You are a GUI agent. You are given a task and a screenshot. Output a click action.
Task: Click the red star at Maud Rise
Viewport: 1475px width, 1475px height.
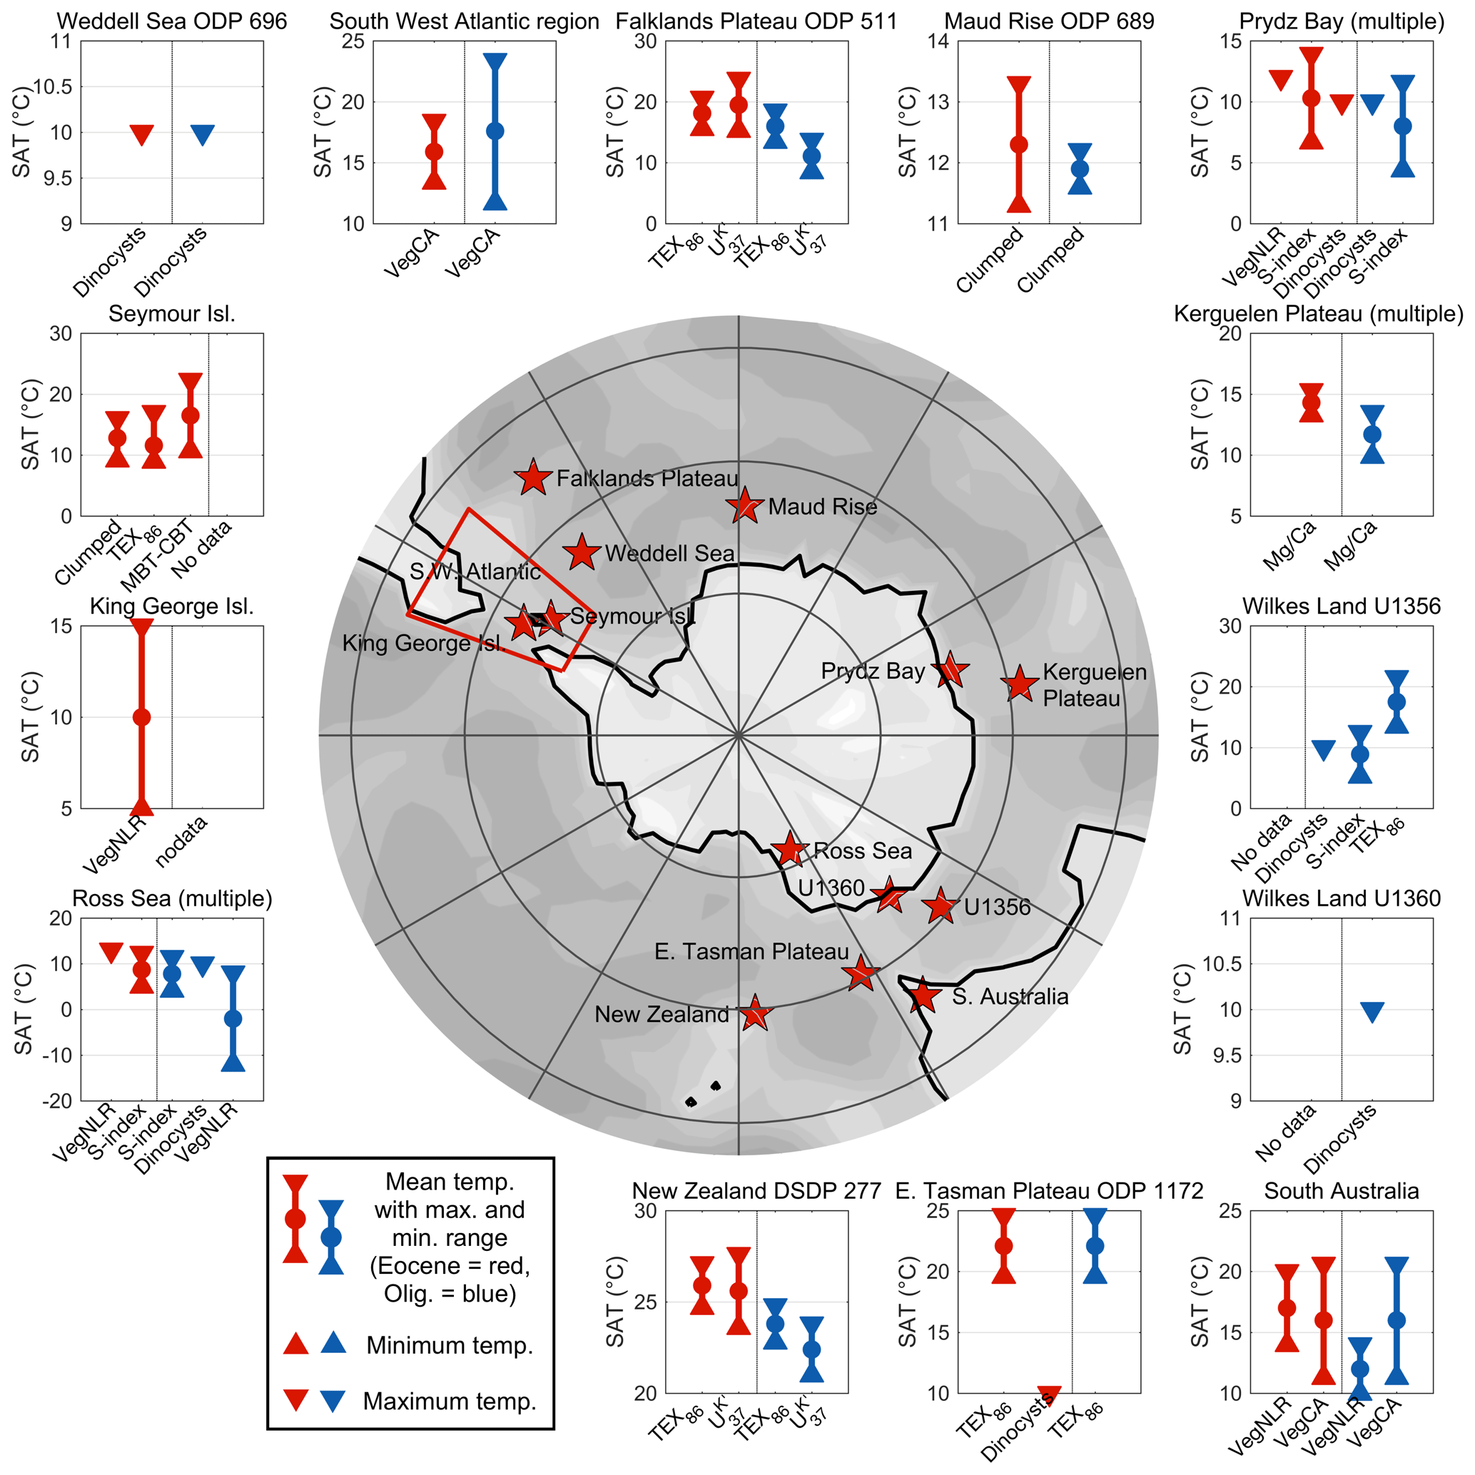pos(744,505)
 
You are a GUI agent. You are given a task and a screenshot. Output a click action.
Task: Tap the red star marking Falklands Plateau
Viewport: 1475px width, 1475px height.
pos(533,478)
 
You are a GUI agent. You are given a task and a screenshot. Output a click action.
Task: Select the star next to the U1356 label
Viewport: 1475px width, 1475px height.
pos(940,906)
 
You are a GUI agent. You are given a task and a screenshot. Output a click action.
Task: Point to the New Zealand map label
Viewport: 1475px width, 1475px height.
pos(662,1015)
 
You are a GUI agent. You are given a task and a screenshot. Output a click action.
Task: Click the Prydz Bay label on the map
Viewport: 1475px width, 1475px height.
pos(872,671)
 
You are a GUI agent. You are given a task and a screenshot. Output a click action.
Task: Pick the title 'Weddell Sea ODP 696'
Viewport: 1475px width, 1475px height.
pos(172,21)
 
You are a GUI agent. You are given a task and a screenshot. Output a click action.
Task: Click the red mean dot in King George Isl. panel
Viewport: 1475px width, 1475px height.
pos(141,717)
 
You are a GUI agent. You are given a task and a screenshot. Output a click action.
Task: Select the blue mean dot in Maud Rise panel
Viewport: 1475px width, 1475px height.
pos(1080,168)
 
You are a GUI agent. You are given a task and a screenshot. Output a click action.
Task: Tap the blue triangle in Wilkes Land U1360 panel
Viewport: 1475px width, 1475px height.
pos(1372,1013)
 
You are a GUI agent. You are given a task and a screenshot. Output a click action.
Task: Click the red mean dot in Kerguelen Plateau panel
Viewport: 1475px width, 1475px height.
pos(1311,402)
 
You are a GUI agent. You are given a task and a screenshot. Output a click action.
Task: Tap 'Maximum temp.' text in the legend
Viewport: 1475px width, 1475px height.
pos(449,1401)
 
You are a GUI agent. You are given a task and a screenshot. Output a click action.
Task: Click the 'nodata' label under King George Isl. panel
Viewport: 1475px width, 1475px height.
pos(181,842)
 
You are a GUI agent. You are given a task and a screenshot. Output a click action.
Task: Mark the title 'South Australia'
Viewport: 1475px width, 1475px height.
pos(1341,1191)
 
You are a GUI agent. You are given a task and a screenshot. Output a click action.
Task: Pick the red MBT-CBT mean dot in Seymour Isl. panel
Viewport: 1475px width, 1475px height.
pos(190,415)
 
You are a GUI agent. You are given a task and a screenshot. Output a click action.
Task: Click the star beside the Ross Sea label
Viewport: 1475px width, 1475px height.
pos(789,848)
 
